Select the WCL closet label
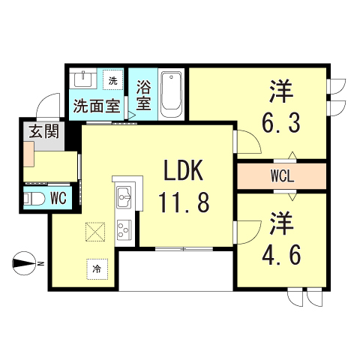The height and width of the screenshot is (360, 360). point(282,178)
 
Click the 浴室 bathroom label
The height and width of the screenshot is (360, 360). point(142,93)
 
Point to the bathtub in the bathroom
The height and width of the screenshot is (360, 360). point(171,94)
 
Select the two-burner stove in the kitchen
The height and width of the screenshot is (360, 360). point(124,229)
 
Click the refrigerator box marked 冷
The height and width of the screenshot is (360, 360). point(97,267)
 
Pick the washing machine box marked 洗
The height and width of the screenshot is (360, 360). point(113,80)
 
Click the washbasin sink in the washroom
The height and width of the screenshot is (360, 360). point(81,79)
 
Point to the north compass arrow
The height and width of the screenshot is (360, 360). point(28,262)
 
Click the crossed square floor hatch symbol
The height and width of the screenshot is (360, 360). point(96,233)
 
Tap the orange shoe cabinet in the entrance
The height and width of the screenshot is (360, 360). point(28,154)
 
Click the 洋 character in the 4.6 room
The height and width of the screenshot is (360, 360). point(281,224)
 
